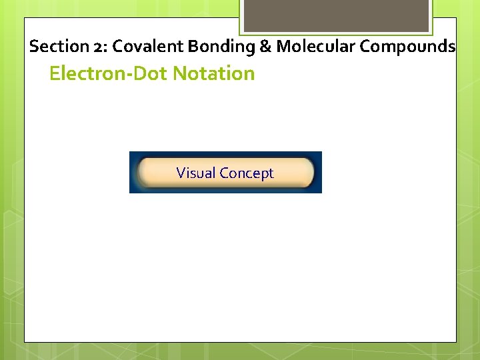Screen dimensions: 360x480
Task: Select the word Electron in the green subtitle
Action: click(x=87, y=73)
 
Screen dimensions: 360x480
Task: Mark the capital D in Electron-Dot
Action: click(x=141, y=73)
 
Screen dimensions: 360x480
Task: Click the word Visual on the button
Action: click(x=196, y=173)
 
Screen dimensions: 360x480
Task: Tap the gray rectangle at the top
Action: click(x=335, y=15)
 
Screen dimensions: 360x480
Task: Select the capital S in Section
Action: click(x=34, y=47)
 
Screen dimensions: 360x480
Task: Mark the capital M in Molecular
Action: click(x=283, y=47)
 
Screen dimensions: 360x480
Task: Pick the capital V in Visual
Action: click(x=181, y=173)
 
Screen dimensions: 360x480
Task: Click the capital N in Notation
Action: click(x=180, y=73)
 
